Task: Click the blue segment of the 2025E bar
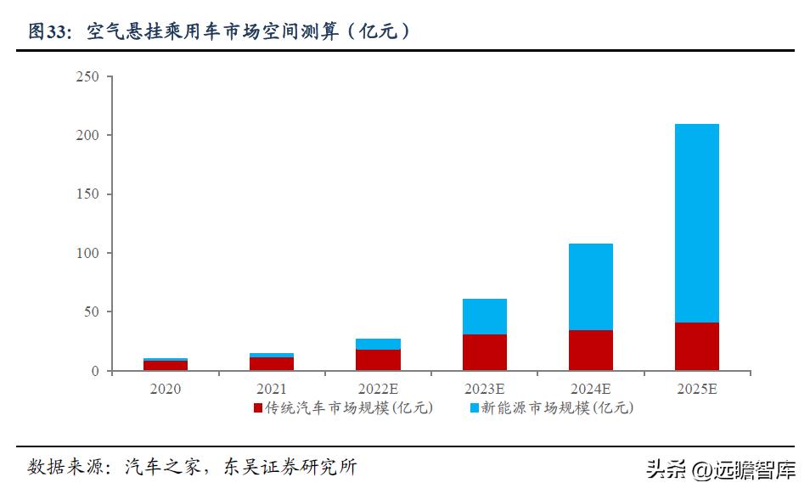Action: tap(697, 223)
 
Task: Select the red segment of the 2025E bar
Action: tap(697, 346)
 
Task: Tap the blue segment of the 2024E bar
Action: tap(591, 287)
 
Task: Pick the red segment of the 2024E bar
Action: tap(591, 350)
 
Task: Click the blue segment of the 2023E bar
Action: tap(485, 317)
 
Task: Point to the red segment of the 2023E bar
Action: tap(485, 352)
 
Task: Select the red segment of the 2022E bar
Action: tap(379, 360)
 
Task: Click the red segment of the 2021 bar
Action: tap(272, 363)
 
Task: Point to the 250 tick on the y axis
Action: tap(88, 77)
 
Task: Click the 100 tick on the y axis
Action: tap(88, 253)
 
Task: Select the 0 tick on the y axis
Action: tap(95, 371)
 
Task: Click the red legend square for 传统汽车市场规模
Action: tap(258, 408)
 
